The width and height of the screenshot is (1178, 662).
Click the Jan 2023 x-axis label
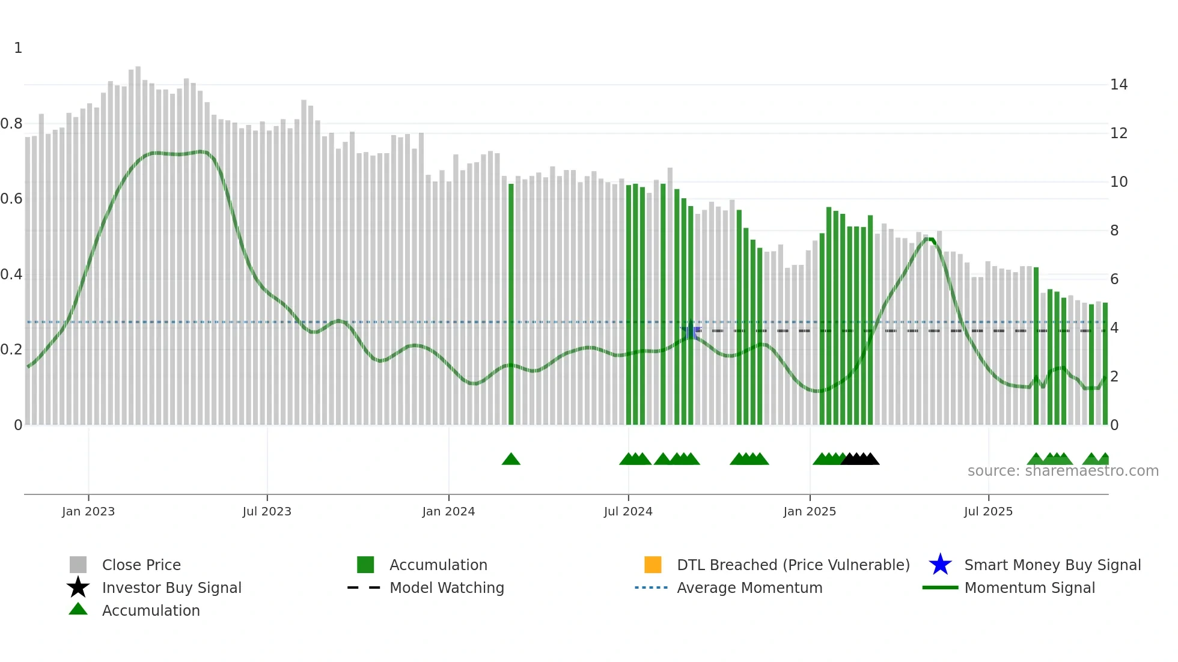point(88,511)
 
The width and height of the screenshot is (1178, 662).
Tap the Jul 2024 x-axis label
point(628,511)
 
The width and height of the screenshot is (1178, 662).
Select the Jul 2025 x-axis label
point(988,511)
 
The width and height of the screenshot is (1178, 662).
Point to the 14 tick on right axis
point(1118,85)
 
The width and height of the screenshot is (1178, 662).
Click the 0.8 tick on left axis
point(12,124)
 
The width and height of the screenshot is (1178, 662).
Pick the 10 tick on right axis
point(1118,182)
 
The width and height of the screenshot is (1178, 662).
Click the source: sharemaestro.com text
point(1063,471)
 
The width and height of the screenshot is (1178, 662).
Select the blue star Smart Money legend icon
point(940,565)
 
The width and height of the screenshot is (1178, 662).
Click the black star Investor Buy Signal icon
point(78,588)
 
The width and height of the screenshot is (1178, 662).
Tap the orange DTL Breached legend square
point(653,565)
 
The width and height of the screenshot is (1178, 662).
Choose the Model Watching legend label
point(447,588)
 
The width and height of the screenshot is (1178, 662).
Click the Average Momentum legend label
point(749,588)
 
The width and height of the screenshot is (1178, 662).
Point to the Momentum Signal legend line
point(940,588)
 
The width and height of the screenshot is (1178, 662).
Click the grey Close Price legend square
point(78,565)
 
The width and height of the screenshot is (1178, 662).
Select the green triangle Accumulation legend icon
point(78,609)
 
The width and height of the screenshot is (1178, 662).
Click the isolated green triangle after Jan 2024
point(511,460)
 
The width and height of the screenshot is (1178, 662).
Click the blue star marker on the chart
point(691,331)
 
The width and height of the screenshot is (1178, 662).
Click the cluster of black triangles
point(860,460)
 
